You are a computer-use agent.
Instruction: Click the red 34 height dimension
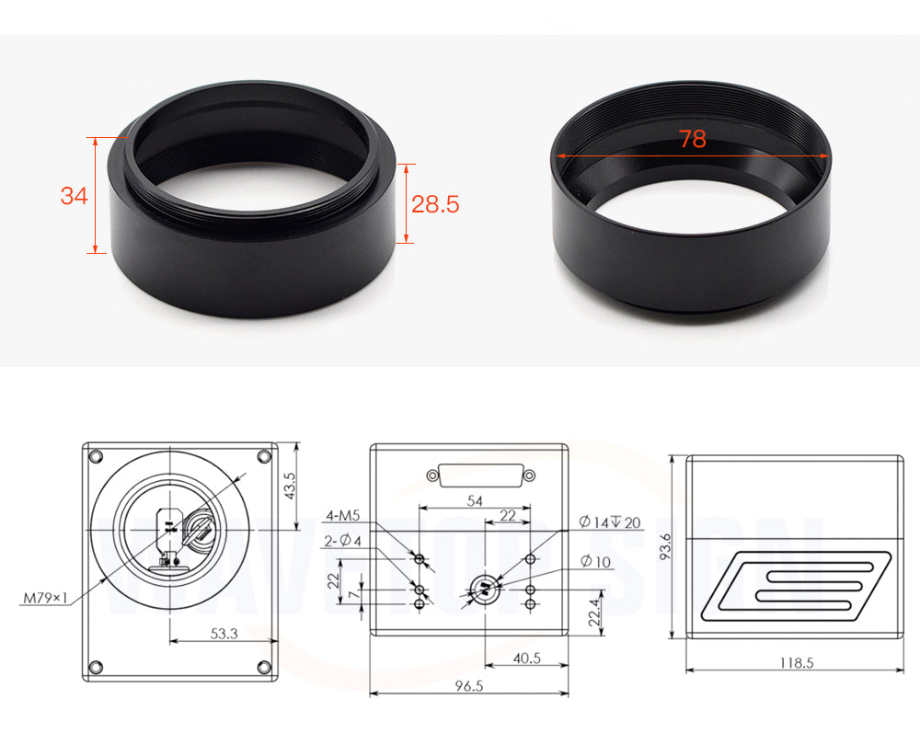pyautogui.click(x=74, y=195)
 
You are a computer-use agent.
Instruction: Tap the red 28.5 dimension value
pyautogui.click(x=435, y=204)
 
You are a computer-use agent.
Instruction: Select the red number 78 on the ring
pyautogui.click(x=693, y=139)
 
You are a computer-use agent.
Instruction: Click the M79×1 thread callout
pyautogui.click(x=45, y=598)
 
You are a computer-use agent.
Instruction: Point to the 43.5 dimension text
pyautogui.click(x=290, y=486)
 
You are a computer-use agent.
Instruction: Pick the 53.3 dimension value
pyautogui.click(x=224, y=634)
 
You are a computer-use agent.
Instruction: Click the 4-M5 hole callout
pyautogui.click(x=343, y=515)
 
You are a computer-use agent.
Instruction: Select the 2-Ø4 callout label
pyautogui.click(x=342, y=540)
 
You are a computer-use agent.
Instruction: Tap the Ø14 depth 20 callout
pyautogui.click(x=610, y=521)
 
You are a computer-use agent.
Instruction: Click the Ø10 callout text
pyautogui.click(x=595, y=562)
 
